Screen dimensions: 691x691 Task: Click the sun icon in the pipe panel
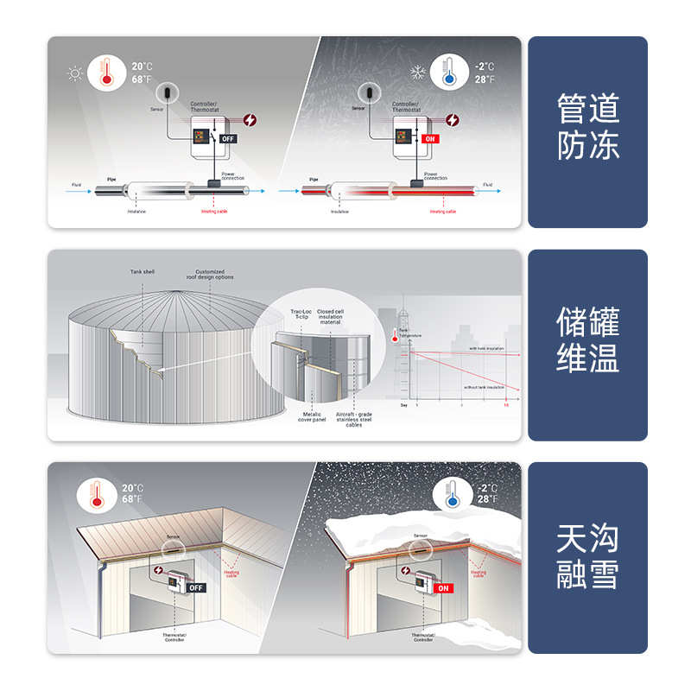(75, 73)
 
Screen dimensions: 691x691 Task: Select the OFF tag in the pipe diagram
(228, 138)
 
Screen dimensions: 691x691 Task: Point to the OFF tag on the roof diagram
(196, 587)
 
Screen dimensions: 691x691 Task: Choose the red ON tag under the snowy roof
(444, 587)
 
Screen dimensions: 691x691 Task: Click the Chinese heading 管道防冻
(587, 127)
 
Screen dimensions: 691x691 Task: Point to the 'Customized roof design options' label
(210, 275)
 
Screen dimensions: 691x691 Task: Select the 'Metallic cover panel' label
(312, 417)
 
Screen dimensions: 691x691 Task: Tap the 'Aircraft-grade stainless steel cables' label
(354, 420)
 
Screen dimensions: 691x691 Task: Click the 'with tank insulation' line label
(487, 348)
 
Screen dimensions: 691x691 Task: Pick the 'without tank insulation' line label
(484, 387)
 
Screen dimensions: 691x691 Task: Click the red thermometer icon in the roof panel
(96, 495)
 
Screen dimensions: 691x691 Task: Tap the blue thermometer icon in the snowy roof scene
(447, 495)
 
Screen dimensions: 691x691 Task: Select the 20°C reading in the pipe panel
(143, 66)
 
